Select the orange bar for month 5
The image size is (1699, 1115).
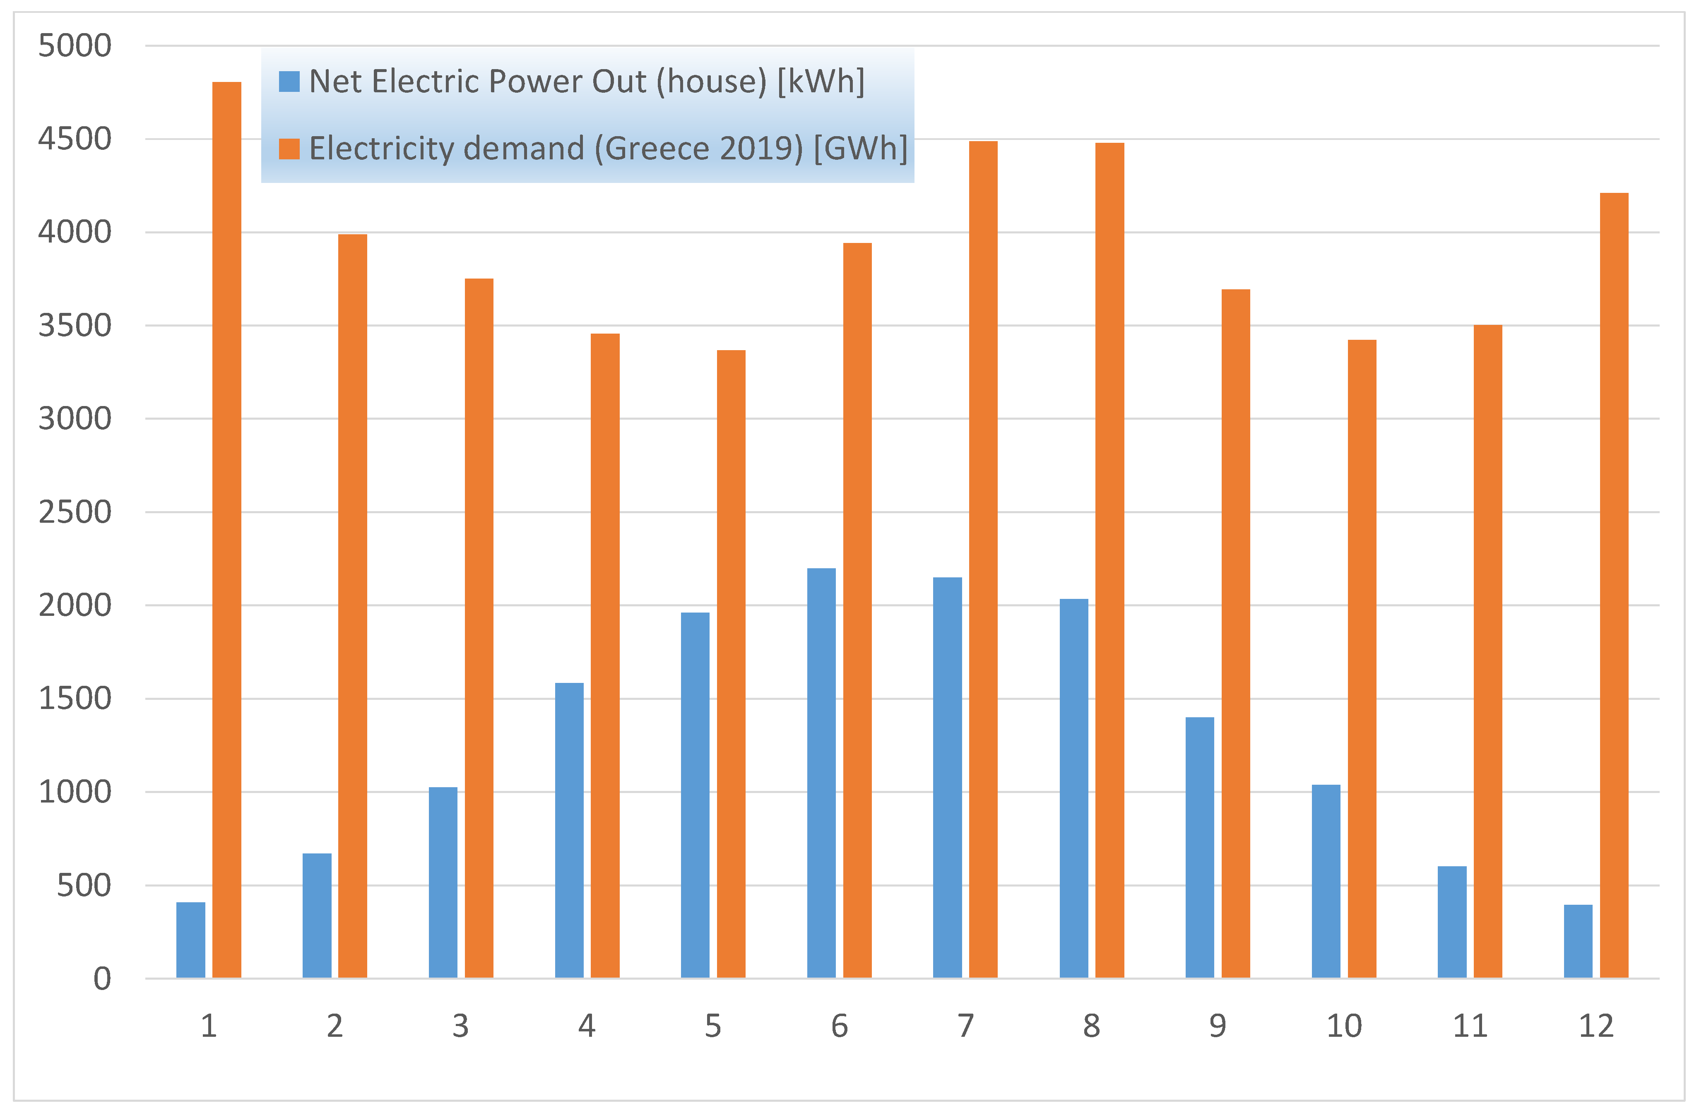731,664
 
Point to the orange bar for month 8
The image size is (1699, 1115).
1109,560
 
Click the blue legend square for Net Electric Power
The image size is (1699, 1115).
289,82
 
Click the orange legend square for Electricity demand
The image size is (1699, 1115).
289,149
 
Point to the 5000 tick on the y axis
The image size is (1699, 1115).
75,46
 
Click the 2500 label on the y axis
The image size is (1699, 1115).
75,512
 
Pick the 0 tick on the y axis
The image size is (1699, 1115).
102,979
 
